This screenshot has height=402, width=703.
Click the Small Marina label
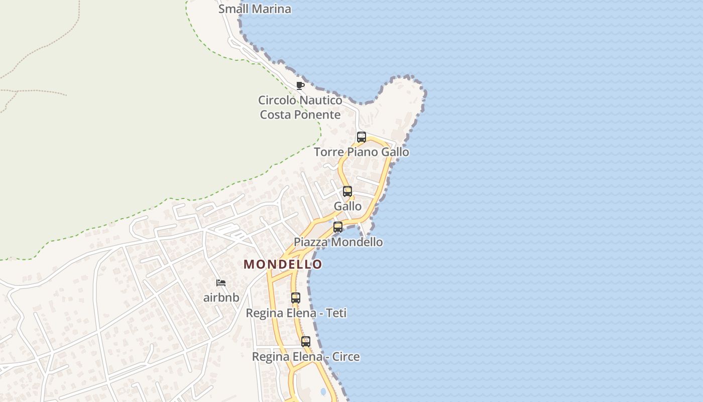255,9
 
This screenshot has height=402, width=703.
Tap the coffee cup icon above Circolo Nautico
300,85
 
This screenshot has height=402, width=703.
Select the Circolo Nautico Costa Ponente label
300,107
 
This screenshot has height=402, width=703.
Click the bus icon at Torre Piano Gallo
361,137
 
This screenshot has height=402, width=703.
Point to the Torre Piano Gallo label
361,152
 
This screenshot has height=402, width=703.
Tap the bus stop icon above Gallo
347,191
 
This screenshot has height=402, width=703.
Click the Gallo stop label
347,206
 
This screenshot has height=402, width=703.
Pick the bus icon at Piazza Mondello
338,227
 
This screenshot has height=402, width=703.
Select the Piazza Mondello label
338,242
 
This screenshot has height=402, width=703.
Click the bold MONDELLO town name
283,264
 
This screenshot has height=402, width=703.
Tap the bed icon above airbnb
220,283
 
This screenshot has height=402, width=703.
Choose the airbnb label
221,297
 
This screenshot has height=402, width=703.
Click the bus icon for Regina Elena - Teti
296,297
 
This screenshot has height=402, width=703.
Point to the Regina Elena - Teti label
296,313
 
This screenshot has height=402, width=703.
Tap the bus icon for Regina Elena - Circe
305,342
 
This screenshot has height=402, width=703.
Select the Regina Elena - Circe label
305,357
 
